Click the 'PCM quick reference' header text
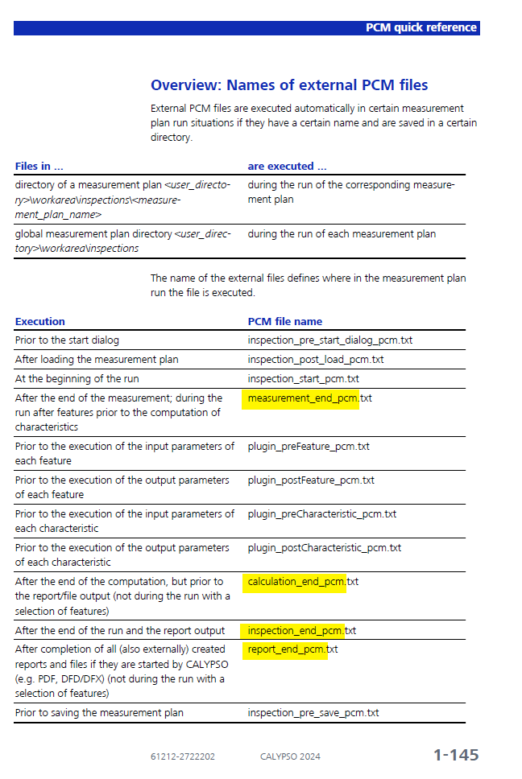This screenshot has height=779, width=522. pyautogui.click(x=420, y=28)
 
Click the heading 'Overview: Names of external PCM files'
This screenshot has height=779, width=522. pyautogui.click(x=289, y=85)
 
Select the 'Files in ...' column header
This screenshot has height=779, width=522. pyautogui.click(x=39, y=167)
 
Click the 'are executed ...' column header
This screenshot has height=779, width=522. pyautogui.click(x=287, y=167)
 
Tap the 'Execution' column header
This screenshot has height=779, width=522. pyautogui.click(x=40, y=322)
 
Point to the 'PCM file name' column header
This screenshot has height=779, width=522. pyautogui.click(x=284, y=322)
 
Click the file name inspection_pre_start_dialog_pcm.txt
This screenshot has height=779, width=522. pyautogui.click(x=329, y=340)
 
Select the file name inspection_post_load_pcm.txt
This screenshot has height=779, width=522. pyautogui.click(x=315, y=360)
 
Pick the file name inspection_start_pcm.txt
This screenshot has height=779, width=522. pyautogui.click(x=303, y=379)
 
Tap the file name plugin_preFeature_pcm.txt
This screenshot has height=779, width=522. pyautogui.click(x=309, y=447)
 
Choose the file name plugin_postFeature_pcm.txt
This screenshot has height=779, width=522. pyautogui.click(x=311, y=480)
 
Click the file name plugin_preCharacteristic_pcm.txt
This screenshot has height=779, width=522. pyautogui.click(x=321, y=514)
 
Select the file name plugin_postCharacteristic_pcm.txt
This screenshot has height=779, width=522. pyautogui.click(x=324, y=548)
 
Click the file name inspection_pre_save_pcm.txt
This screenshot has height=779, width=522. pyautogui.click(x=313, y=713)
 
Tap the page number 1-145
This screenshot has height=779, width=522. pyautogui.click(x=456, y=755)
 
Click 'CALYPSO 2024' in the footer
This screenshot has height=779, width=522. pyautogui.click(x=290, y=756)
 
